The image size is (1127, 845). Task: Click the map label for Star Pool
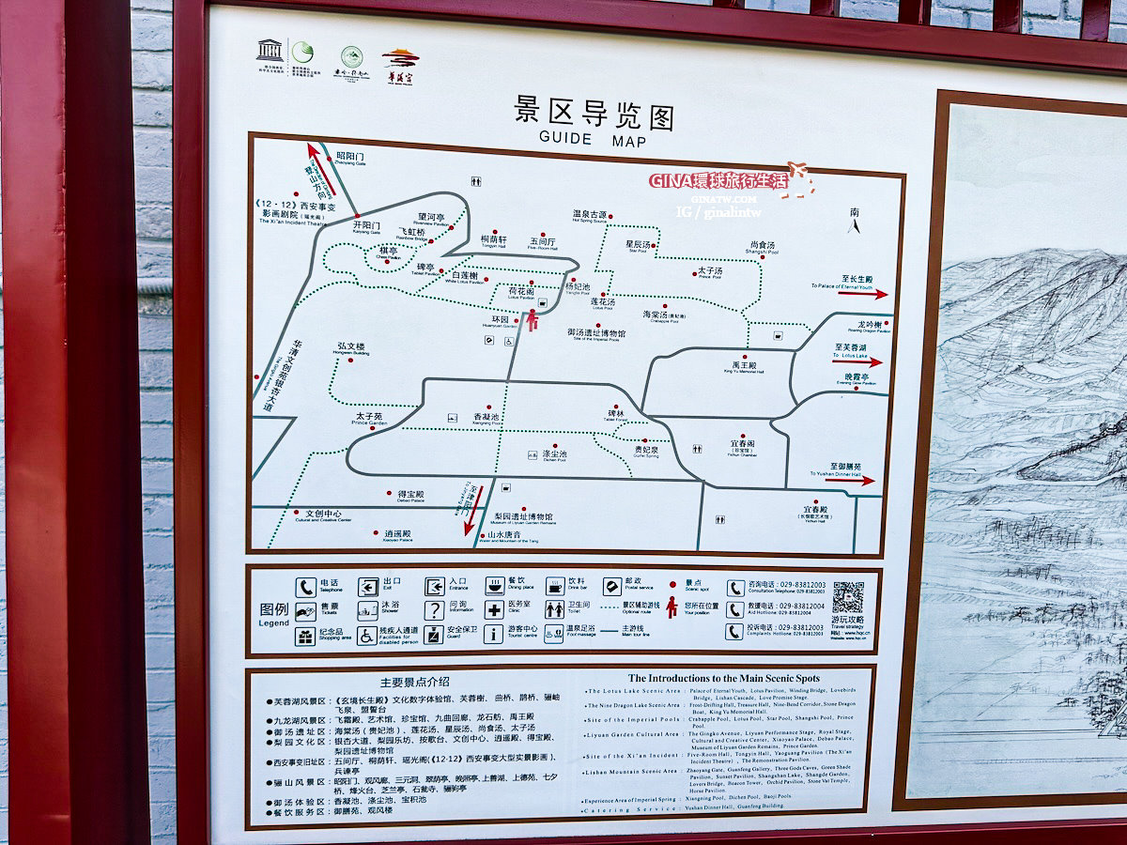[x=639, y=246]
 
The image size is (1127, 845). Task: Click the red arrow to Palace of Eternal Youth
[x=863, y=294]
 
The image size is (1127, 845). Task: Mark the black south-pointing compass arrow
[x=854, y=225]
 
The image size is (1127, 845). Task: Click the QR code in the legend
[x=847, y=597]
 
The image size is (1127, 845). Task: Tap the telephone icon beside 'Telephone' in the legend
[x=305, y=588]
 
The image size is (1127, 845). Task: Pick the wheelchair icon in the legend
[x=365, y=635]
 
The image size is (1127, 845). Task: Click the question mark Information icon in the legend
[x=433, y=611]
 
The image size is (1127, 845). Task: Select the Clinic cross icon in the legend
[x=494, y=610]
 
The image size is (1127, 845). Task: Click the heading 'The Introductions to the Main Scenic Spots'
[x=723, y=678]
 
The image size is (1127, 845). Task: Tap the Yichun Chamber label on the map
[x=742, y=446]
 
